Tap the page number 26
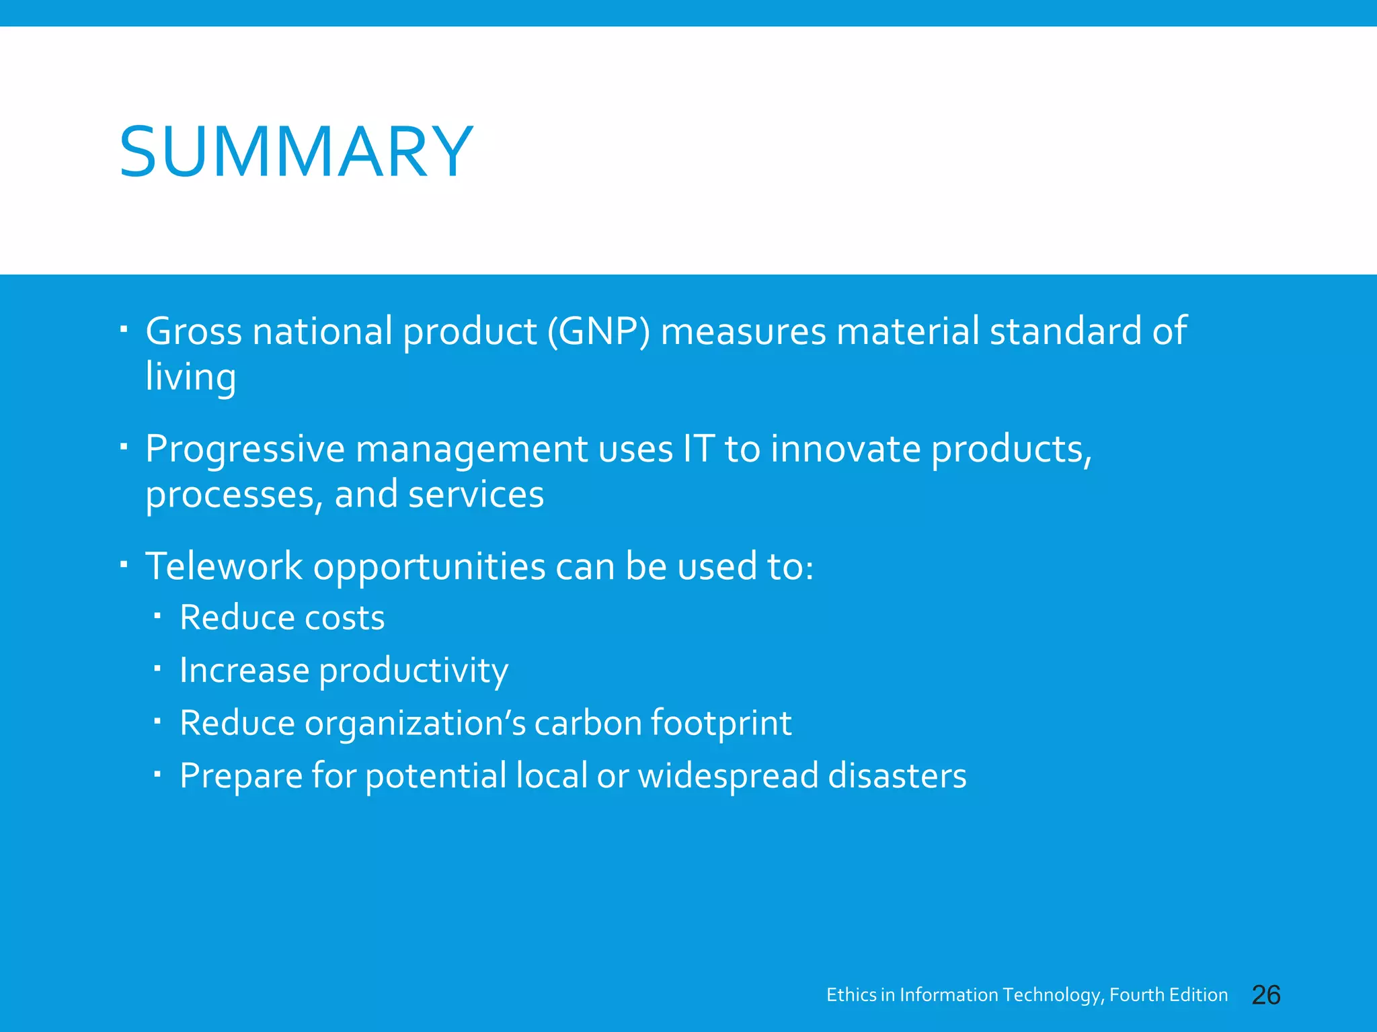click(x=1265, y=995)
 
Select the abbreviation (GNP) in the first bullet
click(x=598, y=331)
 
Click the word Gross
click(x=194, y=331)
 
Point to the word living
click(x=191, y=377)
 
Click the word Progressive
click(x=245, y=449)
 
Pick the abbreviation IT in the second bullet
click(x=698, y=448)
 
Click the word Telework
click(x=224, y=566)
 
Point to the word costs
click(x=344, y=617)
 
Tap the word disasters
click(x=897, y=775)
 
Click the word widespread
click(x=727, y=775)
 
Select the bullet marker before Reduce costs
click(x=157, y=615)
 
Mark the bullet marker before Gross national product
click(x=123, y=329)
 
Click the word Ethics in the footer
click(x=851, y=995)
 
